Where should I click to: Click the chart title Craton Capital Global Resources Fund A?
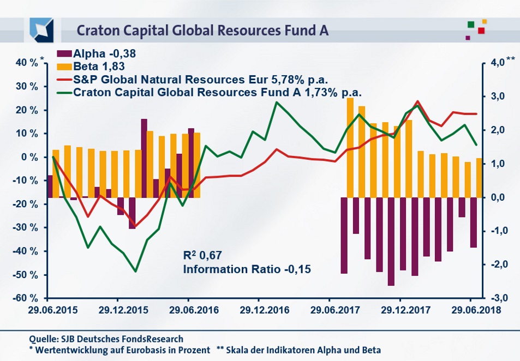click(202, 29)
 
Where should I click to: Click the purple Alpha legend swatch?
click(63, 54)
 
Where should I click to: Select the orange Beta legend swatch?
click(63, 67)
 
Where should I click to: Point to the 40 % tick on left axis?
click(26, 63)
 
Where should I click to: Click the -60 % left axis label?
click(25, 298)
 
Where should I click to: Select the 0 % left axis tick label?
click(29, 157)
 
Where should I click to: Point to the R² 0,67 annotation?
click(203, 255)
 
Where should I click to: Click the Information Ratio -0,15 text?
click(246, 269)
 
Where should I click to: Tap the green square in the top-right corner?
click(470, 24)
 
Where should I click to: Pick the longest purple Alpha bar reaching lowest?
click(391, 241)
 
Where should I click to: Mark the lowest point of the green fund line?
click(135, 271)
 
